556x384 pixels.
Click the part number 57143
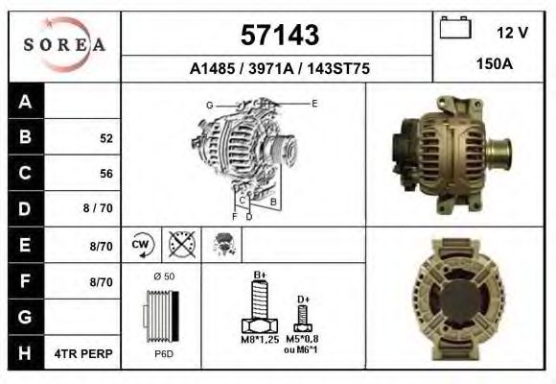point(278,35)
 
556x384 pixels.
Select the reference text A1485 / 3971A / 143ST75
point(278,69)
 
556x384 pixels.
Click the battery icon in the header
point(454,29)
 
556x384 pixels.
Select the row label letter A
point(25,102)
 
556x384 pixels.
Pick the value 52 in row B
point(106,138)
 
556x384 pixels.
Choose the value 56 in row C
point(106,174)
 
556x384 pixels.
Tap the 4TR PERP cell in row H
point(89,353)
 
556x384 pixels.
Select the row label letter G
point(25,317)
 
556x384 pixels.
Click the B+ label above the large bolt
point(260,276)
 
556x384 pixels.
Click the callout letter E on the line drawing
point(313,102)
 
